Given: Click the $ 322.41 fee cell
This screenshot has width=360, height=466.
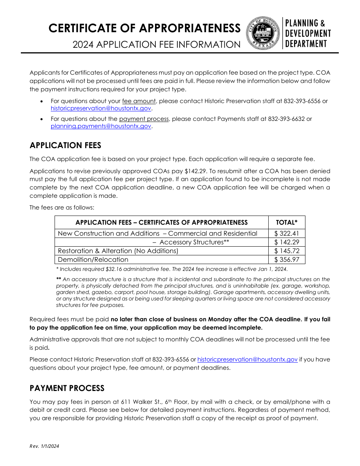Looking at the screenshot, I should (286, 234).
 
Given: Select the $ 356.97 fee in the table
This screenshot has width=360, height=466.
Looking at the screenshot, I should (286, 260).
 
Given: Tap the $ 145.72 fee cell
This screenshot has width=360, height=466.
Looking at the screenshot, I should (286, 251).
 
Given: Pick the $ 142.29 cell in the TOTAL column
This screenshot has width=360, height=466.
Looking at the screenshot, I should (286, 242).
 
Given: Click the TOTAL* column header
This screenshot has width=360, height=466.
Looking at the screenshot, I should (286, 223).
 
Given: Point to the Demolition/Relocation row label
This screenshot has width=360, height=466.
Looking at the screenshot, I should (93, 260).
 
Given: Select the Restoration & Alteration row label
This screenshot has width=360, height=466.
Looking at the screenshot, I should (118, 251).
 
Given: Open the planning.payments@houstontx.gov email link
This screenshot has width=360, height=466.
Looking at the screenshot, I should (101, 127).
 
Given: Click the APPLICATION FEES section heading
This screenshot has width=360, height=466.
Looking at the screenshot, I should (66, 145).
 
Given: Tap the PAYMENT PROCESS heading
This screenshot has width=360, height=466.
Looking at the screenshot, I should (67, 388).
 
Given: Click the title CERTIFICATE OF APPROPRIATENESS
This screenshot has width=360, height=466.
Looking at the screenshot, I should (145, 28).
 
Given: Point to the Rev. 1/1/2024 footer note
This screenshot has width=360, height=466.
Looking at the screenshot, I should (44, 446).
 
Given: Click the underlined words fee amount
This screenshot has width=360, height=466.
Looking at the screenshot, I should (139, 101).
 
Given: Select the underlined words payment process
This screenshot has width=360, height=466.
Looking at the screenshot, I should (144, 119).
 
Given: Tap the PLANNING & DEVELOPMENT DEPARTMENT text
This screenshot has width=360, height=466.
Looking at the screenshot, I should (308, 33).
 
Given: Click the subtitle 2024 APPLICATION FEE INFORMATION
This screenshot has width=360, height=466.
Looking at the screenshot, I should (157, 45).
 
